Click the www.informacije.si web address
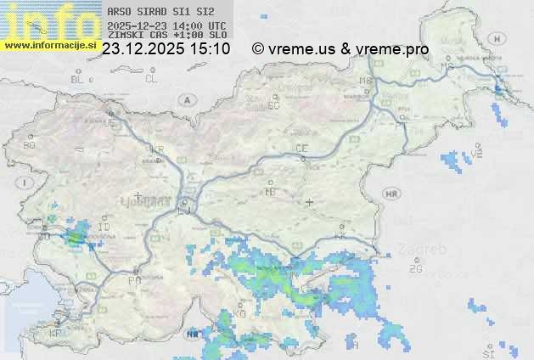(49, 45)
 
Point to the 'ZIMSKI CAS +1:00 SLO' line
(166, 36)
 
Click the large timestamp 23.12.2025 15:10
(166, 49)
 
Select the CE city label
(301, 149)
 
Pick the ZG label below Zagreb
(415, 269)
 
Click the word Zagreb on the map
(427, 250)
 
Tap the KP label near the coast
(56, 334)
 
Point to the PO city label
(134, 280)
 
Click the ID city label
(104, 228)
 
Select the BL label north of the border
(78, 79)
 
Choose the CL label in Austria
(151, 79)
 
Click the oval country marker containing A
(186, 99)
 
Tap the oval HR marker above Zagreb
(391, 194)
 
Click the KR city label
(157, 149)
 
